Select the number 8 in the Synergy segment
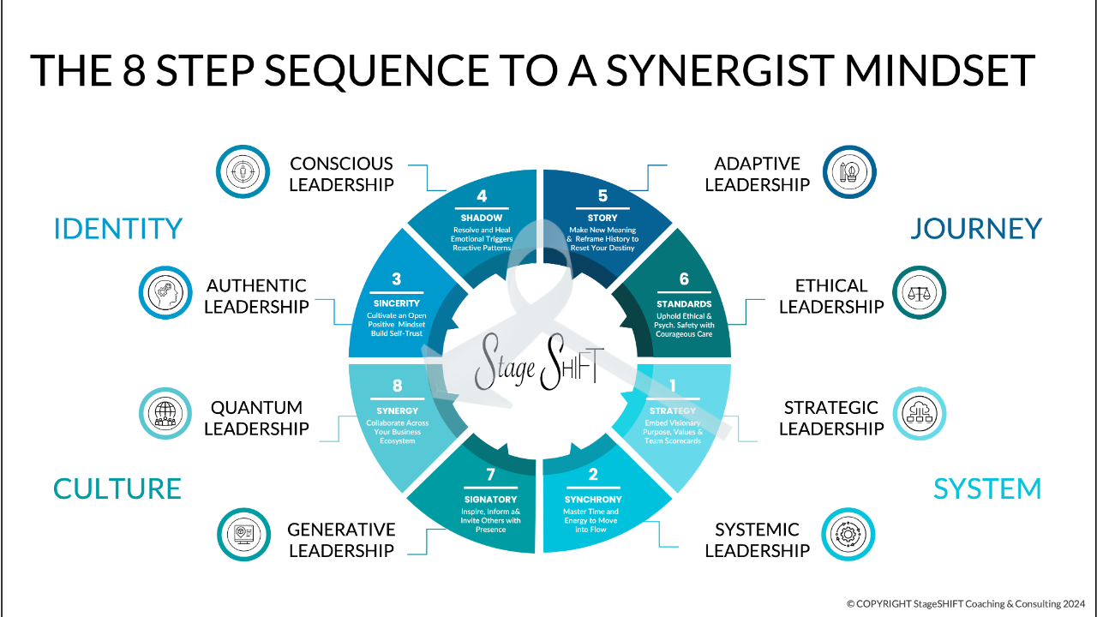point(398,386)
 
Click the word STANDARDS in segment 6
point(684,303)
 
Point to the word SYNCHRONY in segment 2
point(593,499)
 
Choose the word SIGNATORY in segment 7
point(490,499)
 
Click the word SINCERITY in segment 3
point(397,303)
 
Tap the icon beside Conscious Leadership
point(243,171)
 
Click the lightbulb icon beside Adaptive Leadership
point(848,171)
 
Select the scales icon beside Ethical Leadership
point(919,292)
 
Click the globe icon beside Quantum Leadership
point(165,414)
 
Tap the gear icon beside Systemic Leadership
point(848,536)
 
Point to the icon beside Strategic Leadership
point(919,414)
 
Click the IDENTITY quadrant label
point(118,229)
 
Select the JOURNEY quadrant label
point(975,229)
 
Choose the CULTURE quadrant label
point(117,488)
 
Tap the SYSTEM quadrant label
point(987,488)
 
